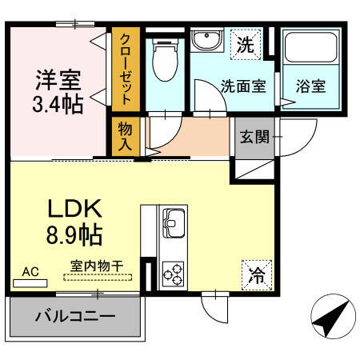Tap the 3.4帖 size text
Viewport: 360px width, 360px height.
click(x=58, y=104)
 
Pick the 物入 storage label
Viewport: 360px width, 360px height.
click(x=126, y=136)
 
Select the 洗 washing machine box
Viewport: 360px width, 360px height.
click(x=246, y=45)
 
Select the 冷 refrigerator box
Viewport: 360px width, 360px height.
click(x=256, y=276)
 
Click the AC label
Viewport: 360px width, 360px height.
click(x=30, y=271)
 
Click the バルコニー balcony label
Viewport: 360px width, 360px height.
click(x=74, y=317)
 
